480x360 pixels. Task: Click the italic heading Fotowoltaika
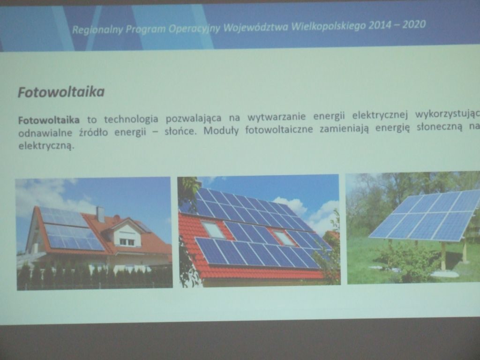coord(61,92)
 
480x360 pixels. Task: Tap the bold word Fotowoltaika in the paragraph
coord(49,120)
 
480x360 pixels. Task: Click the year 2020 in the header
coord(414,24)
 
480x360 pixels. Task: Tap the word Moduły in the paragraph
coord(221,131)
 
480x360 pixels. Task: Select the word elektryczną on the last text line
coord(46,146)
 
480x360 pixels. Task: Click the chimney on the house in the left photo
coord(100,214)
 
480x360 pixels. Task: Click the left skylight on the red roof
coord(214,230)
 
